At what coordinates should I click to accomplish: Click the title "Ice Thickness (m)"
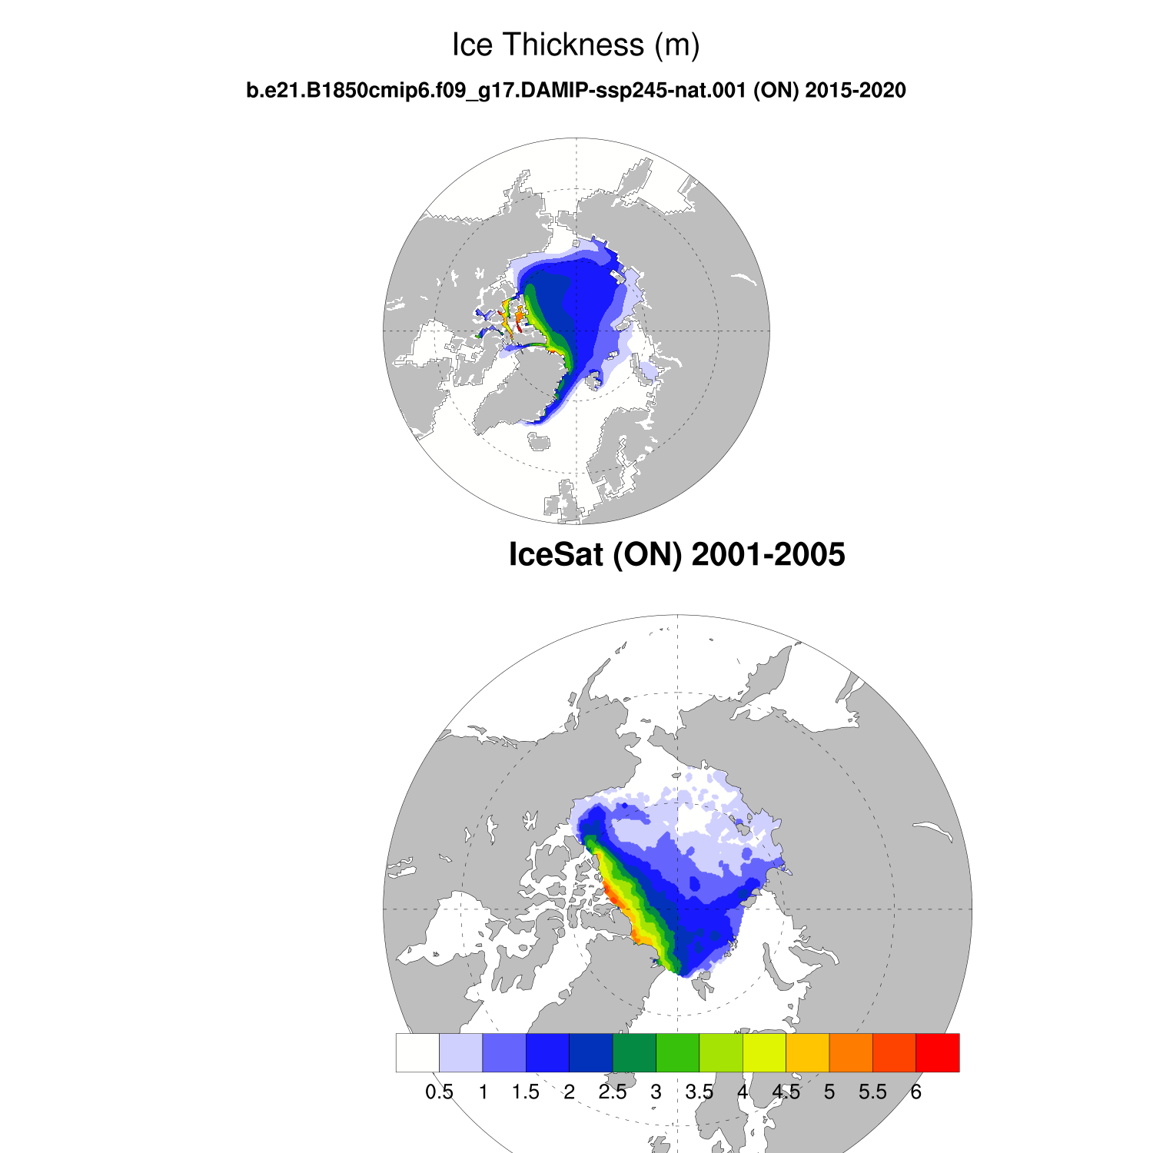tap(576, 45)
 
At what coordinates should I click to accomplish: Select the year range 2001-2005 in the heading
tap(768, 554)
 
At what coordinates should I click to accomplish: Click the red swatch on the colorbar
tap(937, 1052)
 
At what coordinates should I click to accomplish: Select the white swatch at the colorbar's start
tap(417, 1052)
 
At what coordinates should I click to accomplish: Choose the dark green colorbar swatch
tap(634, 1052)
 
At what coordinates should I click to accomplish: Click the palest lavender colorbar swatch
tap(460, 1052)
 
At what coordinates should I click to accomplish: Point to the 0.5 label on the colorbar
tap(439, 1092)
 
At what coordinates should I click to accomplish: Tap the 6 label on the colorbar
tap(915, 1092)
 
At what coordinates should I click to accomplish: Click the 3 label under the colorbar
tap(656, 1092)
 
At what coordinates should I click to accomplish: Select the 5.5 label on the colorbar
tap(872, 1092)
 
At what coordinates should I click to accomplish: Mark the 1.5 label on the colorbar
tap(526, 1092)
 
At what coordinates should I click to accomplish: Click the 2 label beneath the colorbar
tap(569, 1092)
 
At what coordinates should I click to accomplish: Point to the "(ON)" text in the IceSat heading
tap(647, 554)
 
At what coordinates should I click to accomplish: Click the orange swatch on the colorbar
tap(851, 1052)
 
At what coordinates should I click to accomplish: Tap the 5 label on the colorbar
tap(829, 1092)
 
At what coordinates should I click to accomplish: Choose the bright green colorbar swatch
tap(677, 1052)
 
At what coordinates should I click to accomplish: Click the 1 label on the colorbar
tap(483, 1092)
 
